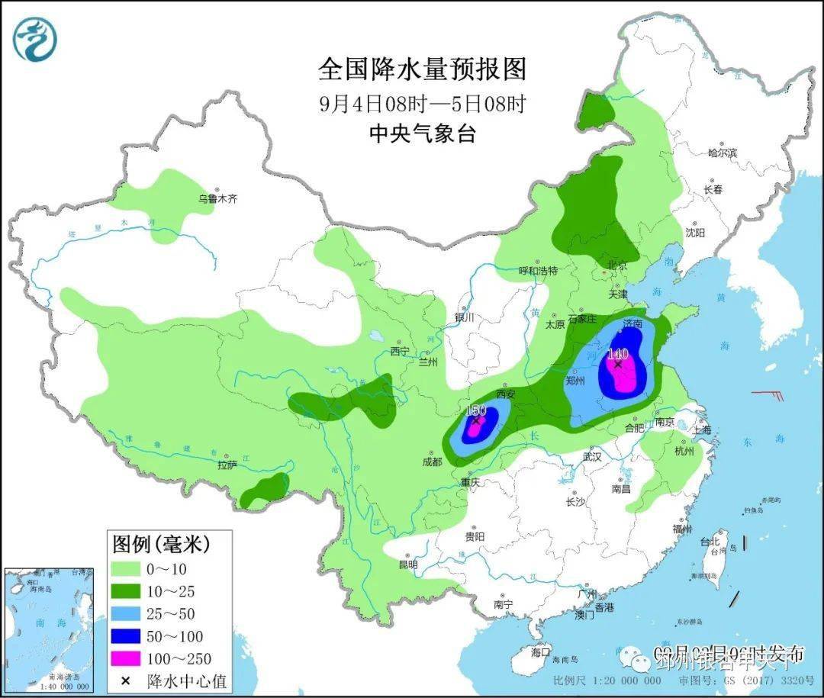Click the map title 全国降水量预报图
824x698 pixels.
coord(422,69)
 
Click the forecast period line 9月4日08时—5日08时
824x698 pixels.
coord(422,103)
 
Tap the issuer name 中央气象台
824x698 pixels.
coord(422,134)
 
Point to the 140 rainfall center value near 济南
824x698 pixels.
coord(617,354)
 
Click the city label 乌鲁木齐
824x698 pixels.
coord(218,198)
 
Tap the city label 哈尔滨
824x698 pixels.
coord(722,153)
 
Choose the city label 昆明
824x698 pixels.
coord(408,565)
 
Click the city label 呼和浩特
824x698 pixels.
coord(538,271)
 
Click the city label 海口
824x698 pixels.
coord(540,652)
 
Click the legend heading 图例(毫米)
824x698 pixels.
coord(161,544)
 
